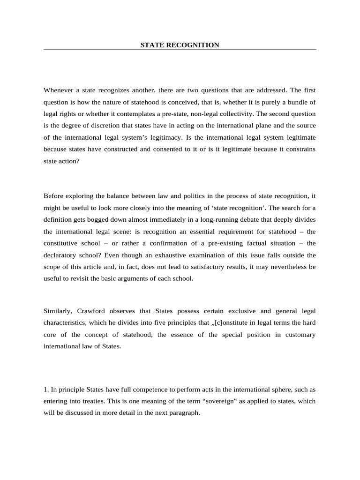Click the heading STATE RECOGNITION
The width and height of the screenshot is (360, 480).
pos(180,45)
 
